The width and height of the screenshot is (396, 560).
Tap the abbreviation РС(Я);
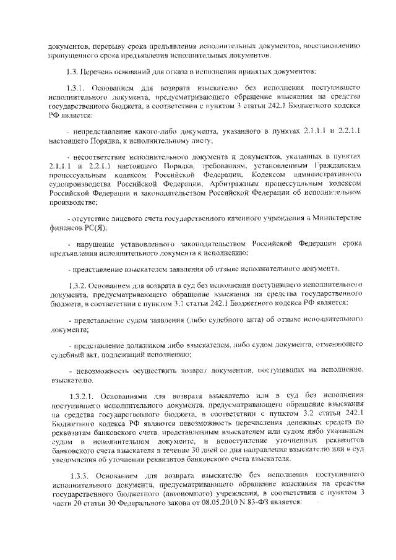point(92,228)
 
